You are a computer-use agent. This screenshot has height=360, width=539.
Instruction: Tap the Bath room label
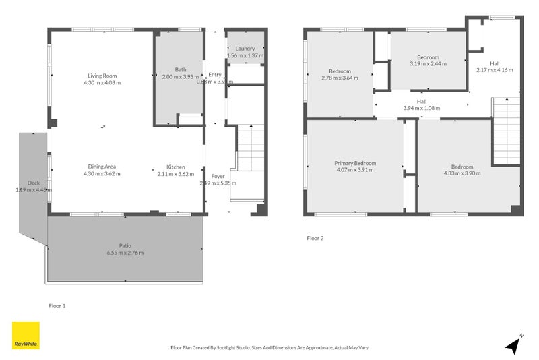pos(180,69)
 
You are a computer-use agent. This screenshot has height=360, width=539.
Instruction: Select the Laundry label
pos(245,49)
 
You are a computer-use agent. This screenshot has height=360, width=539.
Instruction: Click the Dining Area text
pos(102,167)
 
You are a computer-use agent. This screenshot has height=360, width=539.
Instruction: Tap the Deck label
pos(34,183)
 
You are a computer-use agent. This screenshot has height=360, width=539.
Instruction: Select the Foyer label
pos(218,176)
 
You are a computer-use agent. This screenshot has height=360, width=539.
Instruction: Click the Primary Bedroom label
pos(355,163)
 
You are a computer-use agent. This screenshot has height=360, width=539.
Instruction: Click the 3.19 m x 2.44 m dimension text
pos(428,64)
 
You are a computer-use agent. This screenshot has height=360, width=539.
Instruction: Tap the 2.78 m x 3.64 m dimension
pos(340,78)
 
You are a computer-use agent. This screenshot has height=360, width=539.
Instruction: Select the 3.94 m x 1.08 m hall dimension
pos(421,108)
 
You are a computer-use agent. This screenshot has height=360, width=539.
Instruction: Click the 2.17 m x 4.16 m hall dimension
pos(495,69)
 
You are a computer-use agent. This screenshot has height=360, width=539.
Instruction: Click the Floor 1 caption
pos(57,305)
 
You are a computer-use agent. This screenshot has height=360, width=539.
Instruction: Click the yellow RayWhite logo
pos(26,335)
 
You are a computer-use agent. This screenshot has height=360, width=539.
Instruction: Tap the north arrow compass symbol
pos(514,344)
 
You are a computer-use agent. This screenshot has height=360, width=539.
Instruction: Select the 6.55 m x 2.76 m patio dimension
pos(125,253)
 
